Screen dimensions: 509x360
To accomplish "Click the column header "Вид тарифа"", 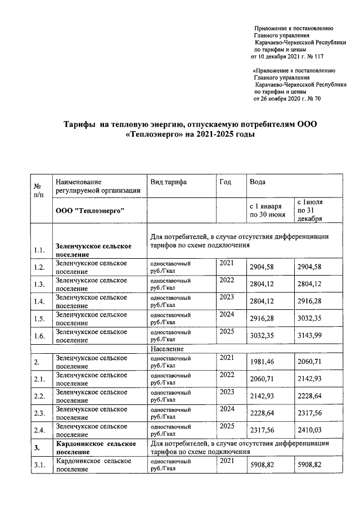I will pyautogui.click(x=168, y=182).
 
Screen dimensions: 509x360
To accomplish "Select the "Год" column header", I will pyautogui.click(x=225, y=182).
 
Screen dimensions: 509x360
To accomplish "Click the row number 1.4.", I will pyautogui.click(x=39, y=302).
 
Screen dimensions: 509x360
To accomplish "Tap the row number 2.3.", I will pyautogui.click(x=39, y=414).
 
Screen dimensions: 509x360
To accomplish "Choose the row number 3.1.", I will pyautogui.click(x=39, y=466).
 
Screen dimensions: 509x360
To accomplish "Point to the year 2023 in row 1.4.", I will pyautogui.click(x=226, y=297).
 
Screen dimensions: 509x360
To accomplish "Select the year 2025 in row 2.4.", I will pyautogui.click(x=226, y=426).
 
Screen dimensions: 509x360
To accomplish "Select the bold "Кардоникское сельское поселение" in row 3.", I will pyautogui.click(x=93, y=448).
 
